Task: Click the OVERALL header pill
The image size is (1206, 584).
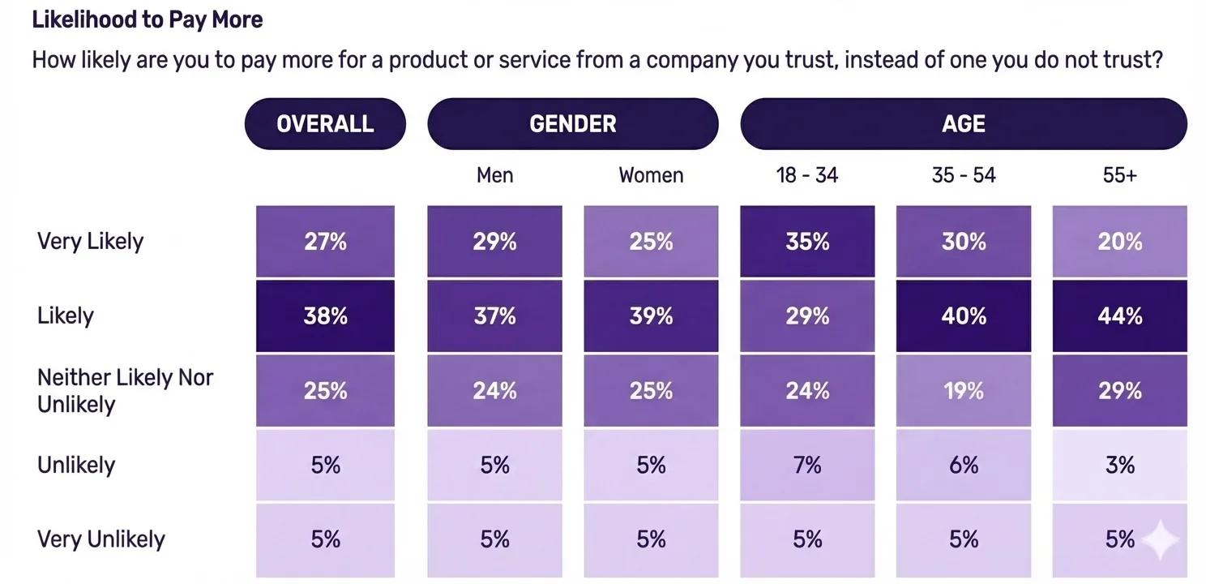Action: (x=325, y=124)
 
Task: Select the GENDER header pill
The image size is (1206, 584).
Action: (x=573, y=124)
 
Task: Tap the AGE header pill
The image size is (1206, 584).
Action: (x=964, y=124)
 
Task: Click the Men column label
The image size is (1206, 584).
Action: (x=494, y=175)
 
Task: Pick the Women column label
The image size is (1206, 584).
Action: (x=651, y=175)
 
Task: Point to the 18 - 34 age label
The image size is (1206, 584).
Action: (x=806, y=175)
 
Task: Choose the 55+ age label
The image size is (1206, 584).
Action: (x=1119, y=175)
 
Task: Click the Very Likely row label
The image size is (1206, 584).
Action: (x=90, y=242)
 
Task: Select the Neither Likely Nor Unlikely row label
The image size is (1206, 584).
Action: (x=125, y=390)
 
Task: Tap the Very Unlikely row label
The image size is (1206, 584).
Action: (x=100, y=539)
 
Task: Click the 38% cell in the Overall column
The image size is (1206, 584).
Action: (x=325, y=316)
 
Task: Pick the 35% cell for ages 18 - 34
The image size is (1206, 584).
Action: (x=807, y=242)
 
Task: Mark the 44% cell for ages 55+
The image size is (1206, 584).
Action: (x=1119, y=316)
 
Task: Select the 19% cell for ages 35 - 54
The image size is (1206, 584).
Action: (x=964, y=390)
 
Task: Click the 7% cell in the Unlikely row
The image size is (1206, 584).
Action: (x=807, y=465)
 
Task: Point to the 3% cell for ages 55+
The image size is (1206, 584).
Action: (x=1119, y=465)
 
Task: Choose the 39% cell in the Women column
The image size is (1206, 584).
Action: (x=651, y=316)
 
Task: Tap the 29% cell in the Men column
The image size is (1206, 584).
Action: (x=494, y=242)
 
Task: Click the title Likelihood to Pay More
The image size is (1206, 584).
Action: (x=147, y=19)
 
